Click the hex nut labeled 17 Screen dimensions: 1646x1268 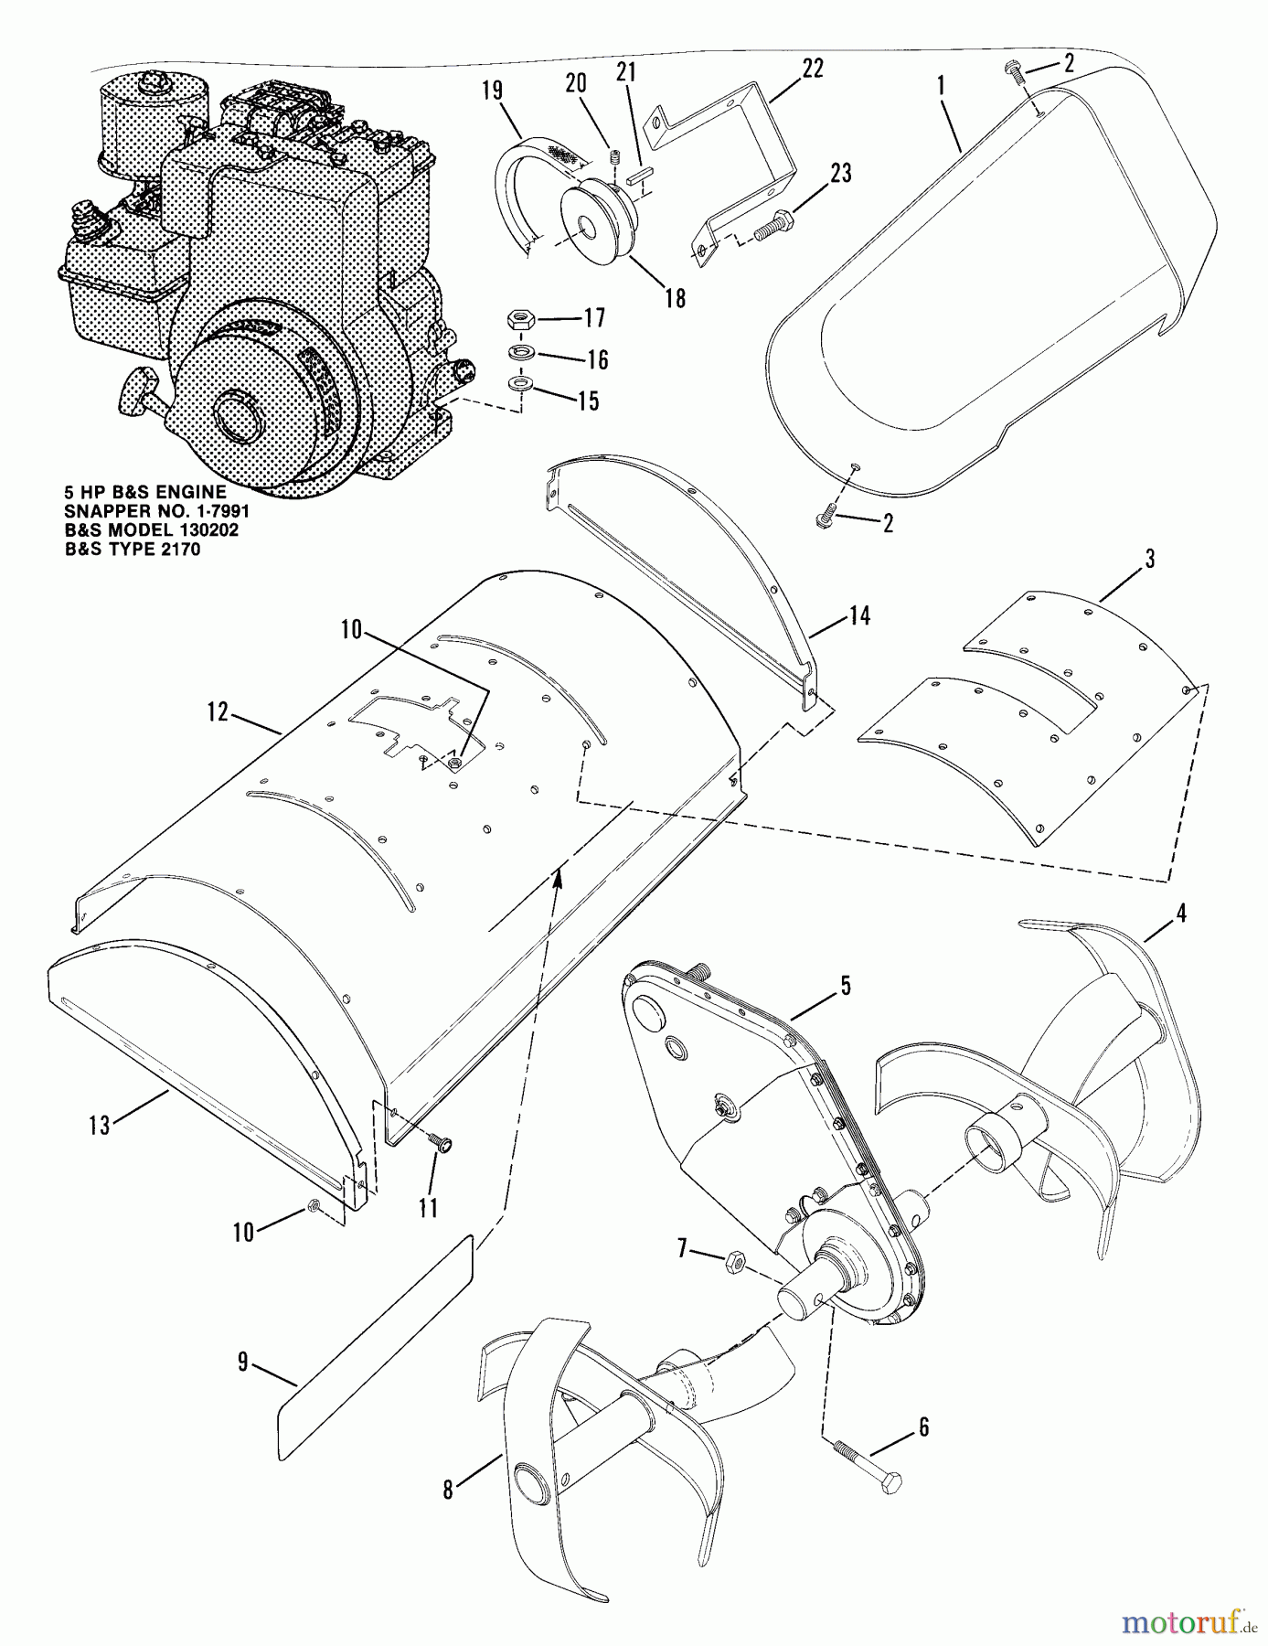pos(518,321)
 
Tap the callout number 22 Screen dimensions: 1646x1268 pos(812,68)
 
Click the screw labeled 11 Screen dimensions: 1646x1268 pos(442,1143)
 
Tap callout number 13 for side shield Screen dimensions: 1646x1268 pos(99,1126)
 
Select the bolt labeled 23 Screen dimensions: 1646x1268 pos(778,221)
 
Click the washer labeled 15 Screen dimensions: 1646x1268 pos(520,380)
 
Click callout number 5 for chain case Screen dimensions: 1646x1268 pos(844,985)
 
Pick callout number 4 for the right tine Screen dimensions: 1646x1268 pos(1180,913)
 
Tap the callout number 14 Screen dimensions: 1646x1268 pos(858,615)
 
